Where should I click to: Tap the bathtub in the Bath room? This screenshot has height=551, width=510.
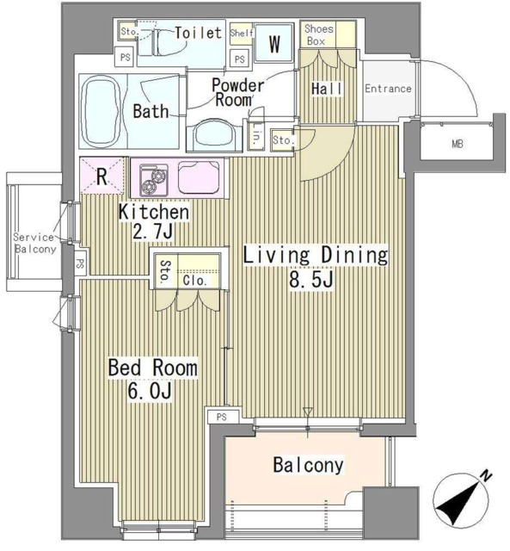(x=102, y=111)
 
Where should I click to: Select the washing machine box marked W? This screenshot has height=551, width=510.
(x=274, y=43)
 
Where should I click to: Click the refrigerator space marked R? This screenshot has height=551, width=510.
(x=101, y=176)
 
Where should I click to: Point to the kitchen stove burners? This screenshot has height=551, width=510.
(x=154, y=180)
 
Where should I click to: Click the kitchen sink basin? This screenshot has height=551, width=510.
(x=200, y=177)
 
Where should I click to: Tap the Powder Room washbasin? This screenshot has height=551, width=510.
(x=215, y=135)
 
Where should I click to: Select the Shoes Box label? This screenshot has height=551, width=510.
(x=318, y=34)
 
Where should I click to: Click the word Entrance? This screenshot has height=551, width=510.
(x=388, y=88)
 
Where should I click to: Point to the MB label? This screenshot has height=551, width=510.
(x=457, y=144)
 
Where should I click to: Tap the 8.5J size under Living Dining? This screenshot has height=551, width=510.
(x=311, y=280)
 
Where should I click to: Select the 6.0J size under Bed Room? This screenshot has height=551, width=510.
(x=150, y=391)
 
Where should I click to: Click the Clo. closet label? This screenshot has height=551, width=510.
(x=194, y=281)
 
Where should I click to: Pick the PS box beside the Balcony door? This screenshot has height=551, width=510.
(x=222, y=417)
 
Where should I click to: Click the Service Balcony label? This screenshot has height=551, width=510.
(x=34, y=243)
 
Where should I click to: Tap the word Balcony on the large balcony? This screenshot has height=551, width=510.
(x=308, y=465)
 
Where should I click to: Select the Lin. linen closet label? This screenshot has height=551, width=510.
(x=256, y=136)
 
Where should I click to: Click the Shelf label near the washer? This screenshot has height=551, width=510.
(x=242, y=33)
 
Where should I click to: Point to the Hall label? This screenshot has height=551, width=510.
(x=327, y=89)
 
